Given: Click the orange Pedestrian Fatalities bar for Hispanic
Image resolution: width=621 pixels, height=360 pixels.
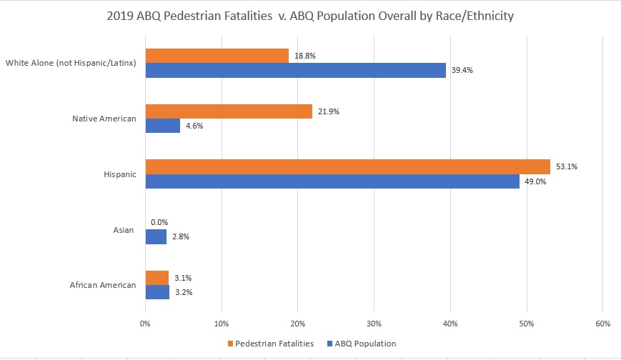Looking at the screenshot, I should coord(347,167).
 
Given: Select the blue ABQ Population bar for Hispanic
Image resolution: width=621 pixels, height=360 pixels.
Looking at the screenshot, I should coord(332,181).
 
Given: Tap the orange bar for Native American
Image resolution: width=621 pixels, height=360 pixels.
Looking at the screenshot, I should coord(229,111).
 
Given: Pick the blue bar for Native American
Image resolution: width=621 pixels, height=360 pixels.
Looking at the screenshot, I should coord(163,126).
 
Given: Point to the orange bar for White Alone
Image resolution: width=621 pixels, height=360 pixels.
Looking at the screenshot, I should coord(217,56).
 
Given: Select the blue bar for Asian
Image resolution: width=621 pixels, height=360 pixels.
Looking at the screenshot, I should coord(156,236).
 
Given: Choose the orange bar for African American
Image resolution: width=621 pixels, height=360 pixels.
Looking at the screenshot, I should coord(157,278).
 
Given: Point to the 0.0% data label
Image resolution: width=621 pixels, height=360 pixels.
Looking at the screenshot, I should coord(159,222).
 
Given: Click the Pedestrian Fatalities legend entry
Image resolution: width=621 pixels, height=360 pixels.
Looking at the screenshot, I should coord(271,344).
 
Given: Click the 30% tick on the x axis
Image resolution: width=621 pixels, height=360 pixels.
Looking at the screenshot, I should coord(374,324).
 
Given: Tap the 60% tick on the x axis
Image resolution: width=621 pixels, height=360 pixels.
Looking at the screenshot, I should coord(602,324).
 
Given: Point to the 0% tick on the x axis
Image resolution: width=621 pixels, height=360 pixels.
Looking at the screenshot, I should coord(145,324).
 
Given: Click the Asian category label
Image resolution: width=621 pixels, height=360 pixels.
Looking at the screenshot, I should coord(124,230).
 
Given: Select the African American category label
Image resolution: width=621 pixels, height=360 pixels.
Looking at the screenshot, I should coord(103,285).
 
